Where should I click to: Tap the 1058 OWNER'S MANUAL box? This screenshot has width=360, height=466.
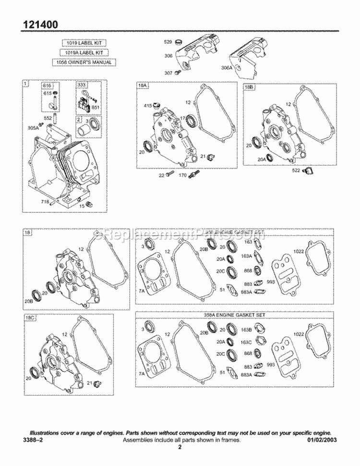click(84, 62)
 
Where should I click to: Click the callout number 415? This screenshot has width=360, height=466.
click(148, 105)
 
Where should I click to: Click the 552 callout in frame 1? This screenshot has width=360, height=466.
click(47, 118)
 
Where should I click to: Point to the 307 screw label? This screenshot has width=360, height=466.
click(168, 73)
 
